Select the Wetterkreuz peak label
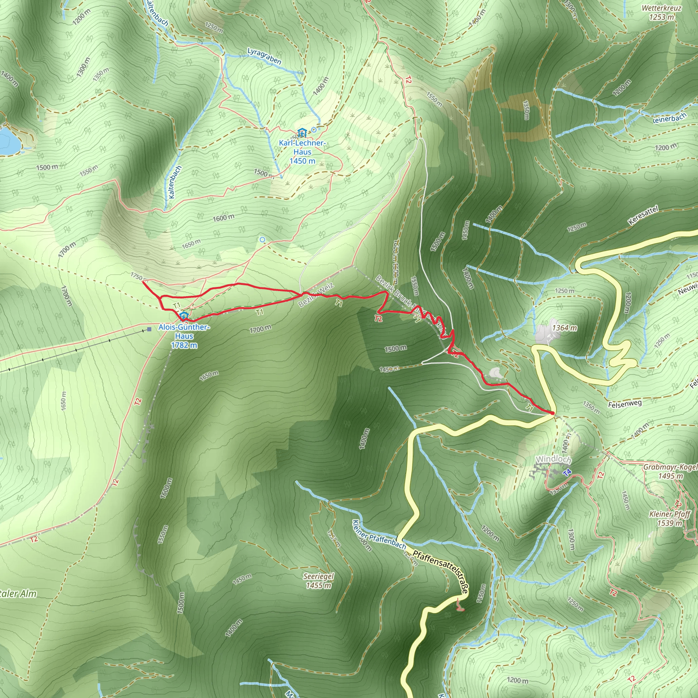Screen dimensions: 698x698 pos(662,13)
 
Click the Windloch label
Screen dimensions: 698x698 pos(553,459)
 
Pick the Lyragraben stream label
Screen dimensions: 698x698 pos(264,56)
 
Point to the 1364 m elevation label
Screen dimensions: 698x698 pos(564,328)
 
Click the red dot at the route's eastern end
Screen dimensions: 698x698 pos(552,413)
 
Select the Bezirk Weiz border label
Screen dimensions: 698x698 pos(316,296)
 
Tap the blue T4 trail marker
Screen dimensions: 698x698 pos(567,472)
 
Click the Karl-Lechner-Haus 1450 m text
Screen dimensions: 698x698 pos(302,152)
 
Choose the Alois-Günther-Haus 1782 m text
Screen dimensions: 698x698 pos(184,336)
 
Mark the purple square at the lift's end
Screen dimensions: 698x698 pos(150,329)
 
